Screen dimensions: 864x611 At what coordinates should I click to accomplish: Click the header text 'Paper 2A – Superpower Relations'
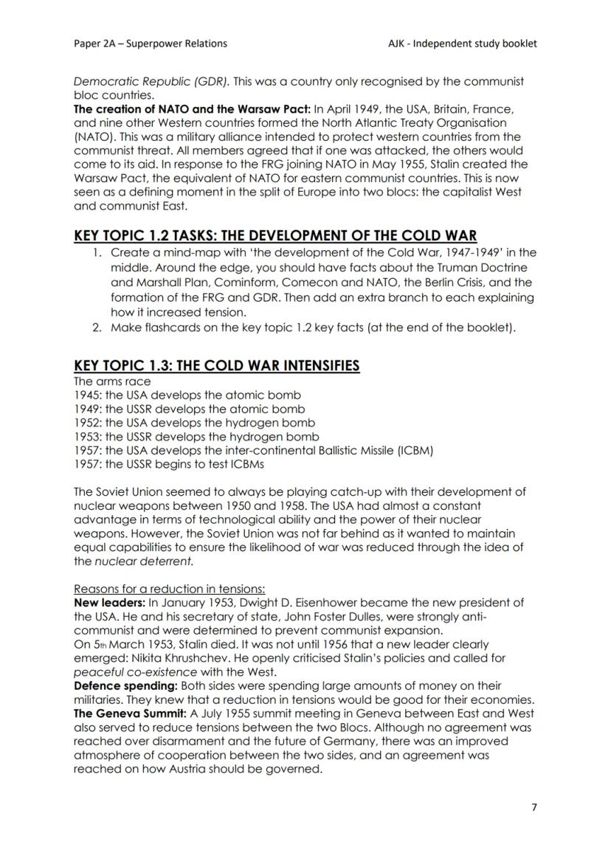coord(151,44)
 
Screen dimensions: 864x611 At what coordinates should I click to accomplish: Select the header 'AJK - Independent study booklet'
coord(463,44)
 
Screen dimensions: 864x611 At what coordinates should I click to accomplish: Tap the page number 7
coord(534,806)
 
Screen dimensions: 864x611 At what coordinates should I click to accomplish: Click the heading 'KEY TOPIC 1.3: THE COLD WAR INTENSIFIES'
coord(217,366)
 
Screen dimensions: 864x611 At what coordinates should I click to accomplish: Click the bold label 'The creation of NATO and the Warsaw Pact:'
coord(193,108)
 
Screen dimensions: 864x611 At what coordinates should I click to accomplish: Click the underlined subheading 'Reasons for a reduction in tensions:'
coord(170,589)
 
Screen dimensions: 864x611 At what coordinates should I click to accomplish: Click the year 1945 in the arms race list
coord(87,395)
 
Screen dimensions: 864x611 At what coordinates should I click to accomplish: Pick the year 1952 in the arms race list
coord(87,423)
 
